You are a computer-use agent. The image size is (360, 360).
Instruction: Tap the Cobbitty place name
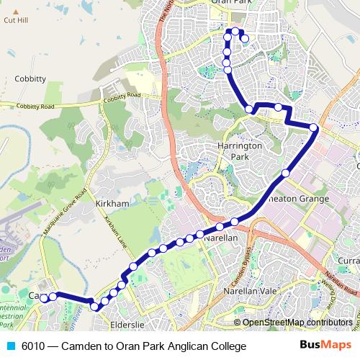(30, 78)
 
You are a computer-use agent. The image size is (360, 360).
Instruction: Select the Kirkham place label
(112, 204)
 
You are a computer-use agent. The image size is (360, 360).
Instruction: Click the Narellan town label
(221, 237)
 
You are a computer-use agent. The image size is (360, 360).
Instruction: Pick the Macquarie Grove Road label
(67, 209)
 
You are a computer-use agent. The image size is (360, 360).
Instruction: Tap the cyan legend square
(10, 346)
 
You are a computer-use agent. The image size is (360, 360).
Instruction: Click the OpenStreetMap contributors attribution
(297, 322)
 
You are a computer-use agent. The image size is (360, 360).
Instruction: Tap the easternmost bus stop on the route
(314, 128)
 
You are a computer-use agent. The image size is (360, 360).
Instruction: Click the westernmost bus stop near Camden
(43, 297)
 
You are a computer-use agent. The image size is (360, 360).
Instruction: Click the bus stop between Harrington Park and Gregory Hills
(286, 173)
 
